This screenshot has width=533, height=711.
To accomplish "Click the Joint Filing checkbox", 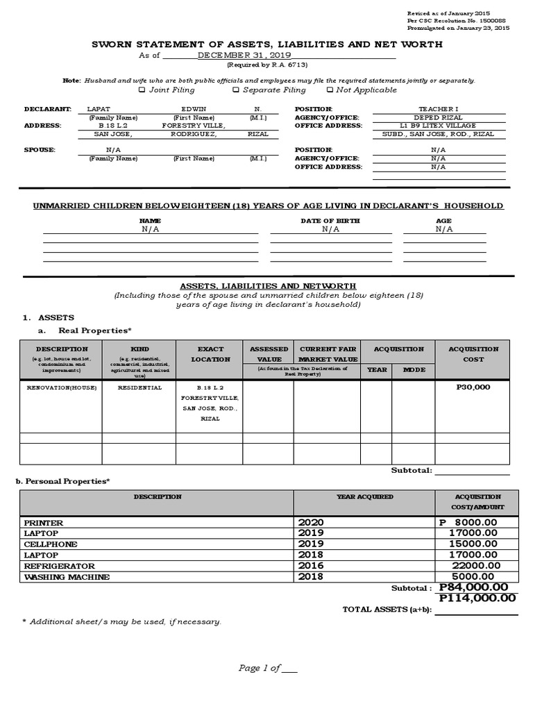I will tap(142, 90).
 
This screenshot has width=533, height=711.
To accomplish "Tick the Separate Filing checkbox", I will tap(236, 90).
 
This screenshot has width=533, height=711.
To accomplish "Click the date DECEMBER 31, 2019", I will tap(244, 55).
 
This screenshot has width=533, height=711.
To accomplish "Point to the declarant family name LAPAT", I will tap(98, 109).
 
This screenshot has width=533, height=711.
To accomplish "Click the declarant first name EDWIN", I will tap(194, 109).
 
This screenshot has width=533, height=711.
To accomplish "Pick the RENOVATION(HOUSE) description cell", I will tap(61, 387).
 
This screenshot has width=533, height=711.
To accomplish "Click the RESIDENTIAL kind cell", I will tap(139, 387).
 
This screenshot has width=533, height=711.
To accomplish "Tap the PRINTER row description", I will tap(44, 522).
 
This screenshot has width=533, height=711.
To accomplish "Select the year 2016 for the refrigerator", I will tap(311, 566).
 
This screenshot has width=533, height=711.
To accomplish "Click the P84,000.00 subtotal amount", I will tap(478, 587).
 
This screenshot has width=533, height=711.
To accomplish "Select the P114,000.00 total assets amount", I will tap(477, 598).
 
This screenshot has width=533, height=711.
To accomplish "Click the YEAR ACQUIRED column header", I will tap(364, 496).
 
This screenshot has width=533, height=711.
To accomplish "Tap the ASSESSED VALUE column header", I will tap(269, 354).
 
